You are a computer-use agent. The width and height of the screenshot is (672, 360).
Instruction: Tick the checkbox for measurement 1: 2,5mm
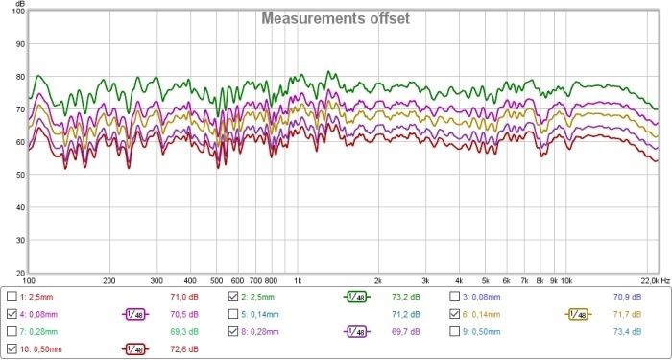[x=12, y=297]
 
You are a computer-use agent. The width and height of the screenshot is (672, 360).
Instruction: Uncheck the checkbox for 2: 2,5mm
[x=234, y=297]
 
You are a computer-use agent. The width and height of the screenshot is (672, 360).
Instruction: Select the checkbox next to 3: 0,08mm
[x=456, y=297]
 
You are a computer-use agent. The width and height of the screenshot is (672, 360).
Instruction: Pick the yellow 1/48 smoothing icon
[x=579, y=313]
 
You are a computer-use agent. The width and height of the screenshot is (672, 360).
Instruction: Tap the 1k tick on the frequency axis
[x=298, y=281]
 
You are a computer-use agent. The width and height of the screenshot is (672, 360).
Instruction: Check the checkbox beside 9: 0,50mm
[x=456, y=329]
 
